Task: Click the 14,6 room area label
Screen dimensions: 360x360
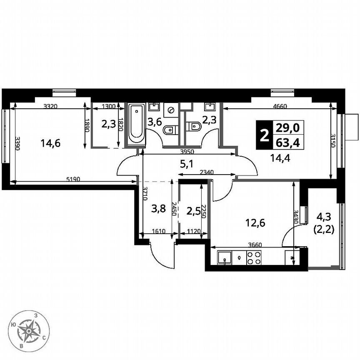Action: click(50, 143)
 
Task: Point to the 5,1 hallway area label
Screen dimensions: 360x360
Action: click(186, 164)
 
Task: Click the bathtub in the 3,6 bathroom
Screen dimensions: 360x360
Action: click(136, 123)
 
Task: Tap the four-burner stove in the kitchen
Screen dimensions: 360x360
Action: click(254, 258)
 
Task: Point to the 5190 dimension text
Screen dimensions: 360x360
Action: click(73, 179)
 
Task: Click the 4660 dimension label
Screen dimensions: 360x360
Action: click(280, 106)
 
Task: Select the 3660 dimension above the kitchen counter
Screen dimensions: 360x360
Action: click(254, 245)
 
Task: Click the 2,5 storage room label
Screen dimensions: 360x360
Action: click(193, 210)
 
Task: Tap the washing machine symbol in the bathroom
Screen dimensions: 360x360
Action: click(171, 110)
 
